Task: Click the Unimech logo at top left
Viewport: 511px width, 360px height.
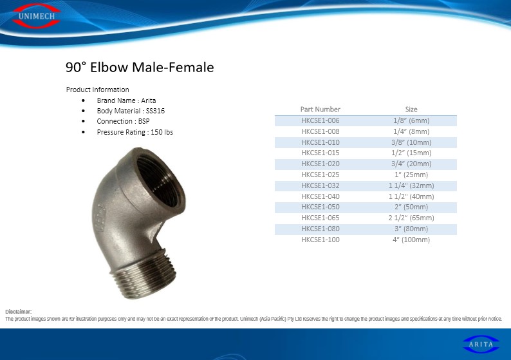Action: [37, 16]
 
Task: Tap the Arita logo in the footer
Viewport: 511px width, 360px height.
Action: [481, 345]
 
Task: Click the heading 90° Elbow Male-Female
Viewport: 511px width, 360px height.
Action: [140, 67]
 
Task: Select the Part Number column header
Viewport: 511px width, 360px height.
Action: [320, 109]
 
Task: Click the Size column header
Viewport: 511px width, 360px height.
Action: [411, 109]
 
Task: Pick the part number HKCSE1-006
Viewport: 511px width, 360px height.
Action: [320, 120]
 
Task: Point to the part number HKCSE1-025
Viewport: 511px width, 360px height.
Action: [320, 175]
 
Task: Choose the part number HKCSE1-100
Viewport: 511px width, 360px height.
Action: [320, 240]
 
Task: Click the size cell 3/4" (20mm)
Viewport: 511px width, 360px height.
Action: [411, 164]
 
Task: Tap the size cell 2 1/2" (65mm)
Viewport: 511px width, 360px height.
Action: [411, 218]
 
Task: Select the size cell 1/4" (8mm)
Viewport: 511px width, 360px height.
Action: [411, 131]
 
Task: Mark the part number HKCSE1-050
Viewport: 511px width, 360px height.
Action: [320, 207]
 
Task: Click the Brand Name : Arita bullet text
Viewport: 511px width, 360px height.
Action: [126, 100]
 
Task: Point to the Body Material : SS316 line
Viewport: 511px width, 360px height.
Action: [131, 111]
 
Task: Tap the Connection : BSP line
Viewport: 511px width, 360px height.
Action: [123, 121]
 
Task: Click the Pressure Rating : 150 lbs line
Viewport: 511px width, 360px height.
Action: [135, 132]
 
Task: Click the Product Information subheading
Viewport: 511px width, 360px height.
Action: [97, 90]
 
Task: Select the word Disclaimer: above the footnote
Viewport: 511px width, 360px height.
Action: [18, 312]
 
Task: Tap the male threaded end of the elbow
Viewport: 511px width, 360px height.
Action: [145, 277]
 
